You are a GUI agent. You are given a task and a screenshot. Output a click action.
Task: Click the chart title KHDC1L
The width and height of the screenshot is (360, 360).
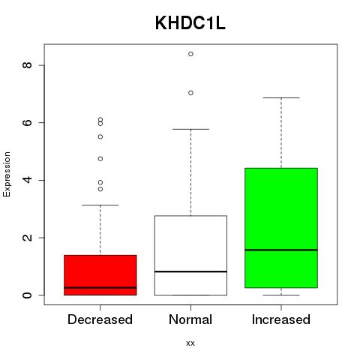[190, 23]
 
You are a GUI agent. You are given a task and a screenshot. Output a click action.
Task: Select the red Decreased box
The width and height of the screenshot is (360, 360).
[100, 275]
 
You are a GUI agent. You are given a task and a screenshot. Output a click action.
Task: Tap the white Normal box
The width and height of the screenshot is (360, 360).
[190, 255]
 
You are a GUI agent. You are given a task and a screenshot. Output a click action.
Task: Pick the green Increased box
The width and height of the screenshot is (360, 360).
[281, 228]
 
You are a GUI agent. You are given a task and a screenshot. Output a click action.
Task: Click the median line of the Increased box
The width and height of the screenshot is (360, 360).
[281, 250]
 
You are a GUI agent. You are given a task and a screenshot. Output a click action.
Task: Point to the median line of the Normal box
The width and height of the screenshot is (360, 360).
[190, 271]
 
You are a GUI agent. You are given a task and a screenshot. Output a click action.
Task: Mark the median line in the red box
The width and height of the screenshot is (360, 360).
[100, 287]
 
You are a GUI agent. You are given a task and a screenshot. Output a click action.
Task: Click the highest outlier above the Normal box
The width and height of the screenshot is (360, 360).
[190, 54]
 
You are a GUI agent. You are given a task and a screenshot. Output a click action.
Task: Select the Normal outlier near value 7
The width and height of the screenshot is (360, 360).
[190, 93]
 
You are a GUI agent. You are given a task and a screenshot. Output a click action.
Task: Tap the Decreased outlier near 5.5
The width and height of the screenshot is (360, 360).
[100, 136]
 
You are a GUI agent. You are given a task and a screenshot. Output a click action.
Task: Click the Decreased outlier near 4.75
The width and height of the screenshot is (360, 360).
[100, 158]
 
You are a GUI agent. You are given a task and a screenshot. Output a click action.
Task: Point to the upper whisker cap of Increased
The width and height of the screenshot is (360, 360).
[281, 97]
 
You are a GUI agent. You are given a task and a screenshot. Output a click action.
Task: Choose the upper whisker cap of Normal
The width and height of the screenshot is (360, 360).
[190, 129]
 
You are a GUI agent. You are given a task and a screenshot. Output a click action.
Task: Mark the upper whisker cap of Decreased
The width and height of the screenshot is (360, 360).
[100, 205]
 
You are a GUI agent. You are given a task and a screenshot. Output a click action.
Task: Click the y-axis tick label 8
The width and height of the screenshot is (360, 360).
[27, 65]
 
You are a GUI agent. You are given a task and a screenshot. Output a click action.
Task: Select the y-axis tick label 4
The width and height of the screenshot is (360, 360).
[27, 180]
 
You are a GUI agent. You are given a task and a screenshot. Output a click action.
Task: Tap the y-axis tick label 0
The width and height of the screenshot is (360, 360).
[27, 295]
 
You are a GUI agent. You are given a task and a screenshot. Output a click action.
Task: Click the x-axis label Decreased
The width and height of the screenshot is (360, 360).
[100, 319]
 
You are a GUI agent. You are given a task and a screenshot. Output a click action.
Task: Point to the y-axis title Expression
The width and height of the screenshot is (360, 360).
[7, 174]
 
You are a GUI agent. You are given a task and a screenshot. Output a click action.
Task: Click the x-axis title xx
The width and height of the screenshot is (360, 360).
[190, 343]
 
